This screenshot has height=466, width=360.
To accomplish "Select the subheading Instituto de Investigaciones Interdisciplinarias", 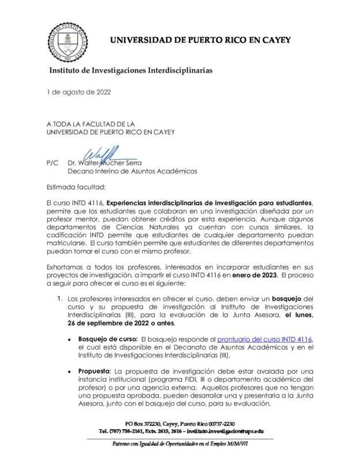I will (131, 70).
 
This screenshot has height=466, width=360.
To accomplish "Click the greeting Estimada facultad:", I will (74, 187).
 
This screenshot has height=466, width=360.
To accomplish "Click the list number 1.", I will (59, 300).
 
